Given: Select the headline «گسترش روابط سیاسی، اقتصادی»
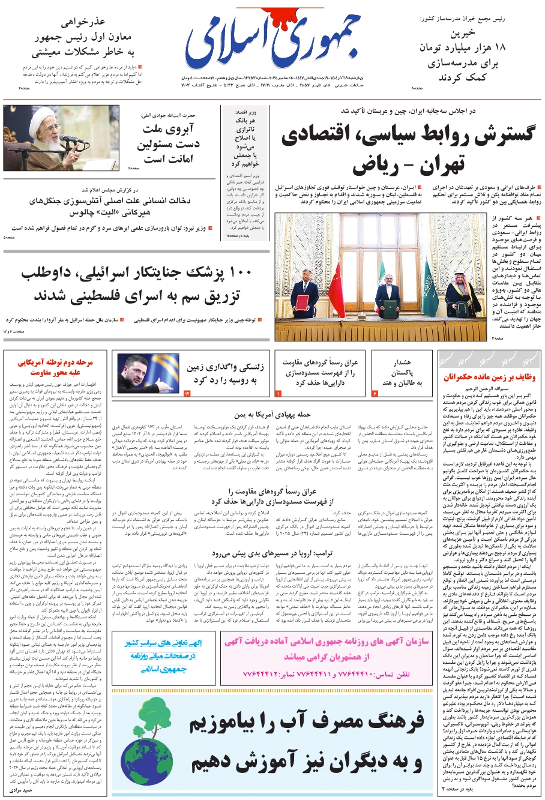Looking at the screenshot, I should click(408, 135).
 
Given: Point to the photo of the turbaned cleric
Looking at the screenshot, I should click(61, 138).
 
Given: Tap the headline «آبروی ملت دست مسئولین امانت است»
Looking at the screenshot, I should click(171, 144).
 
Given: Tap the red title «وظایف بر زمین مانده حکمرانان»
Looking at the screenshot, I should click(489, 377).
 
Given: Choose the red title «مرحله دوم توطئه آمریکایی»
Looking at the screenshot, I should click(55, 367).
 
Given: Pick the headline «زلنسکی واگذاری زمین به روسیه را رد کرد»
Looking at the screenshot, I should click(221, 373).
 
